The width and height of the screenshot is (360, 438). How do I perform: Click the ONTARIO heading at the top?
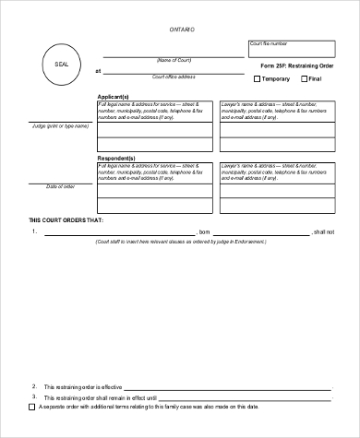pyautogui.click(x=181, y=30)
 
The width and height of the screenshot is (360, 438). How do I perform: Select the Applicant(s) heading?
pyautogui.click(x=114, y=96)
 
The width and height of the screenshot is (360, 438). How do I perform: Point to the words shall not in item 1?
pyautogui.click(x=324, y=231)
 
